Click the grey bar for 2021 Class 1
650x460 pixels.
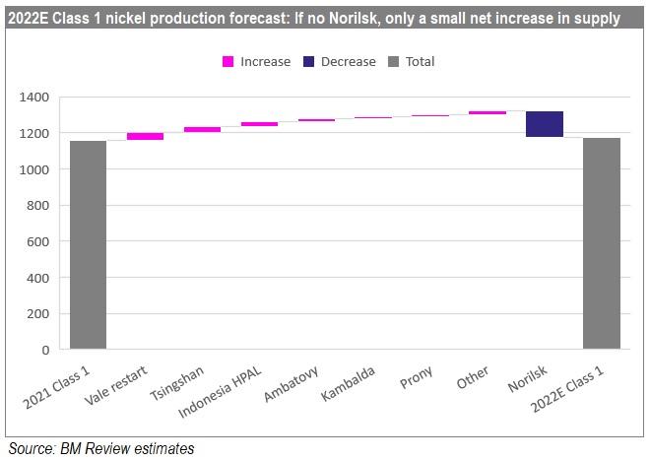coord(88,245)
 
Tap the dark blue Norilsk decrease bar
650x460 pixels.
coord(544,124)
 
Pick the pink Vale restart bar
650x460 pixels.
coord(145,136)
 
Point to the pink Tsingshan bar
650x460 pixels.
coord(202,129)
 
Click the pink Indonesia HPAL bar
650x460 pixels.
coord(259,124)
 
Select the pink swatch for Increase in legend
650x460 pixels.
coord(227,62)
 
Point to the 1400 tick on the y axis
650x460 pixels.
coord(35,98)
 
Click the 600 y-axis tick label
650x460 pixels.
coord(39,241)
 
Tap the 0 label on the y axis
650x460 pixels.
coord(45,350)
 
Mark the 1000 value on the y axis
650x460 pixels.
coord(35,169)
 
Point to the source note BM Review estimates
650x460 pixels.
coord(99,449)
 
